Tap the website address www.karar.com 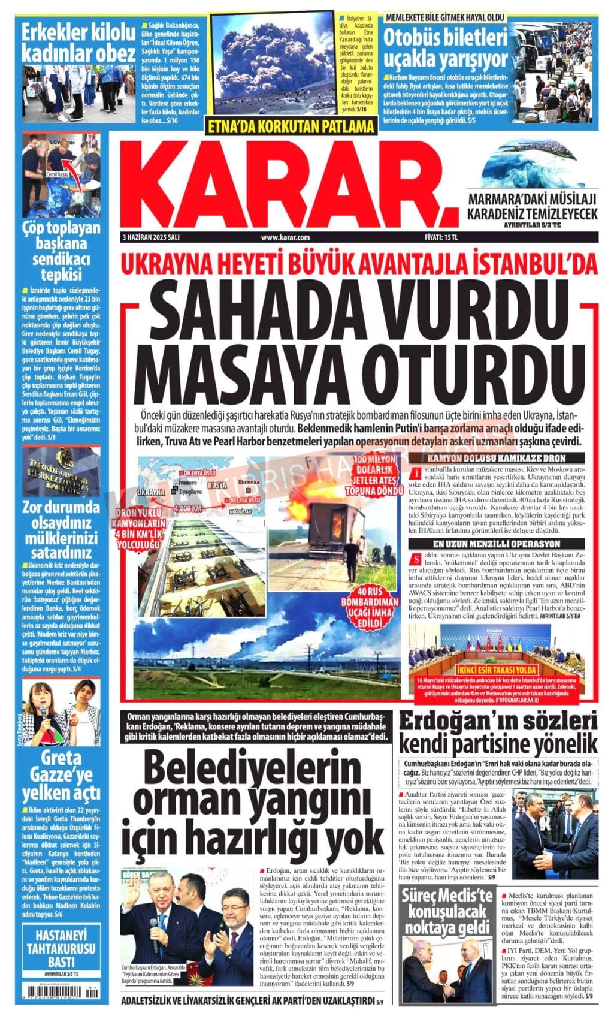click(x=285, y=237)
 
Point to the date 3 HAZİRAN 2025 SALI click(x=151, y=237)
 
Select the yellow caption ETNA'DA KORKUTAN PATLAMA click(x=291, y=127)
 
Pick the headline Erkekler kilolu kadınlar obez click(x=78, y=43)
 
